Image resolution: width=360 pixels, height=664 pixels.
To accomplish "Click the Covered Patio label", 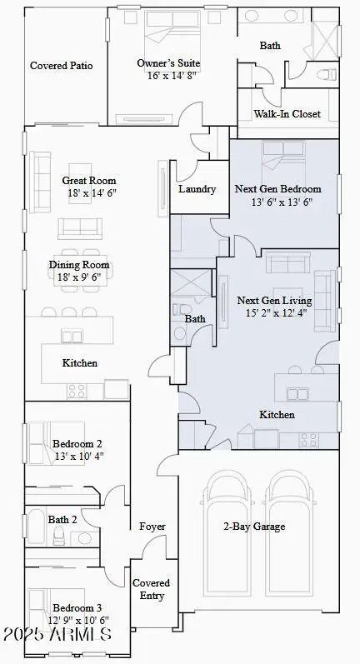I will point(62,66).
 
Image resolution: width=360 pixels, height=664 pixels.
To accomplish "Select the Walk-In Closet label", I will point(288,114).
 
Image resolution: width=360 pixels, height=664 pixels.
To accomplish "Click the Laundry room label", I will point(197,189).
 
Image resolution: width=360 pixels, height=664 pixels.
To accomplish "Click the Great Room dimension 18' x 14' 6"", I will point(89,192).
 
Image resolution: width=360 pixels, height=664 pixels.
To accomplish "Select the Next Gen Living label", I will point(274,301).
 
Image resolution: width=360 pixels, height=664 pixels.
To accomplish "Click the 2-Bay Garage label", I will point(254,527).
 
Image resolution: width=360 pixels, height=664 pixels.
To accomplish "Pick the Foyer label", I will point(152,527).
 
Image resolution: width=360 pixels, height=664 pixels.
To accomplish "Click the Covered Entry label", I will point(151,589).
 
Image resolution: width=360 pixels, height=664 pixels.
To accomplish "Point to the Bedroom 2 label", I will point(77,444).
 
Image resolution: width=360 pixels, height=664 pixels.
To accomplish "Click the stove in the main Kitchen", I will point(77,391).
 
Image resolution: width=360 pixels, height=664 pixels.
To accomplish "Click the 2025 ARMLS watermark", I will point(56,635).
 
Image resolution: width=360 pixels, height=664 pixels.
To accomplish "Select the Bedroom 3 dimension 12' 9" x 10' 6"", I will point(80,620).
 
